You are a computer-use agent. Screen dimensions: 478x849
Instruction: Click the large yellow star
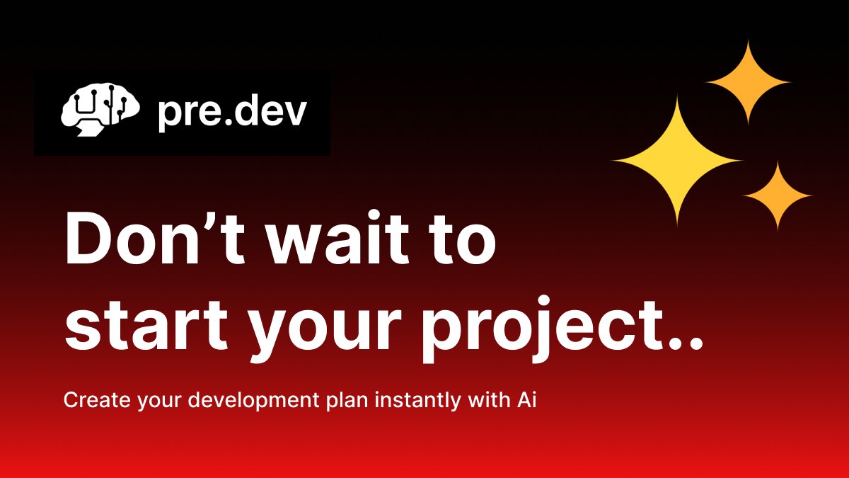point(677,161)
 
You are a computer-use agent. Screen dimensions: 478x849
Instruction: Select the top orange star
point(748,82)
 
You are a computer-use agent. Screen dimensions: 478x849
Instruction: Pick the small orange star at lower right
point(778,195)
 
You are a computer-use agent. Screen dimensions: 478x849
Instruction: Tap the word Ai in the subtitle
point(524,400)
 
